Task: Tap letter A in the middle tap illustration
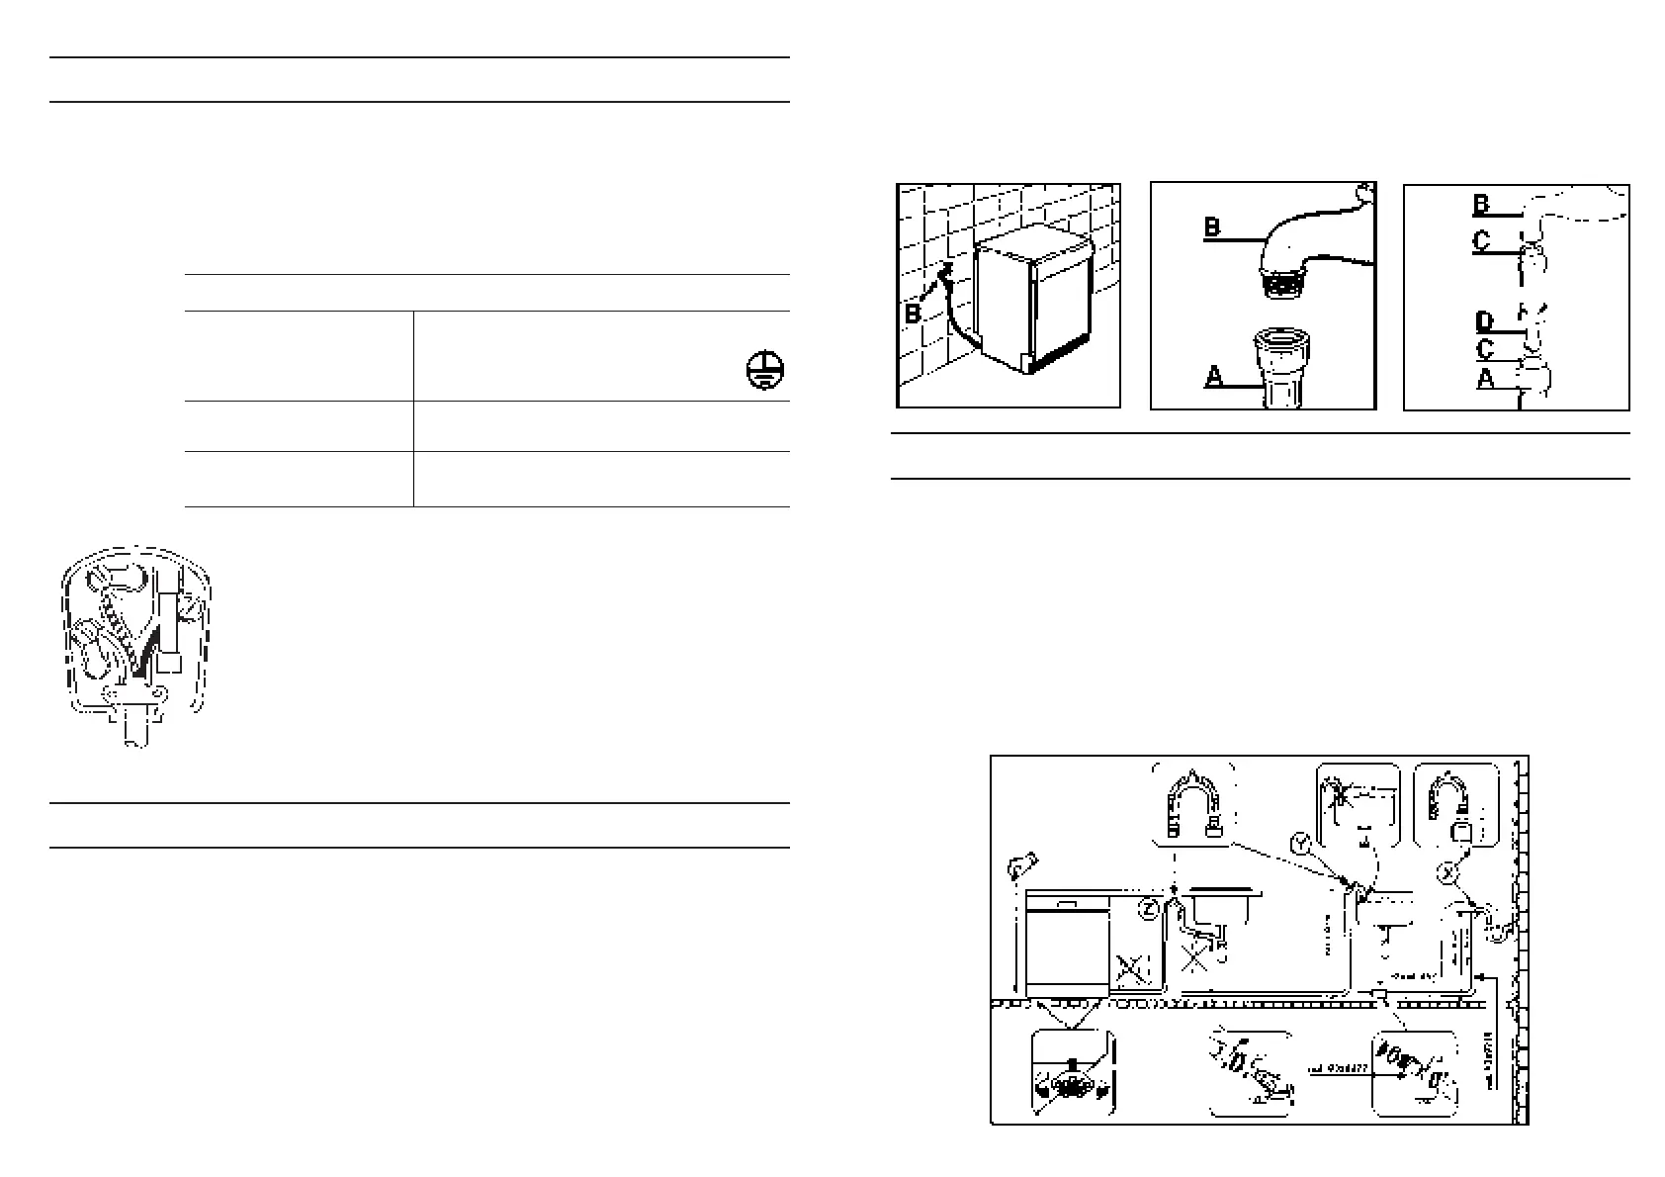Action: [1213, 376]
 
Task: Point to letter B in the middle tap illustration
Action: [1212, 226]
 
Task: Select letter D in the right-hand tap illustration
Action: [1484, 321]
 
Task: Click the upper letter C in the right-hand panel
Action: [1481, 241]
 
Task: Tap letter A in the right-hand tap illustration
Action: [1485, 378]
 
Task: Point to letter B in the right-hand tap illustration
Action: [1481, 204]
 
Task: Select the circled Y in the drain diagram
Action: [1302, 844]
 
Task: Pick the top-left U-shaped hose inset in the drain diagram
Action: [1193, 804]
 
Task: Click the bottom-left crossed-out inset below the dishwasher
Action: [1072, 1074]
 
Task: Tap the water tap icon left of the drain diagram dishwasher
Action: [1018, 867]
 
